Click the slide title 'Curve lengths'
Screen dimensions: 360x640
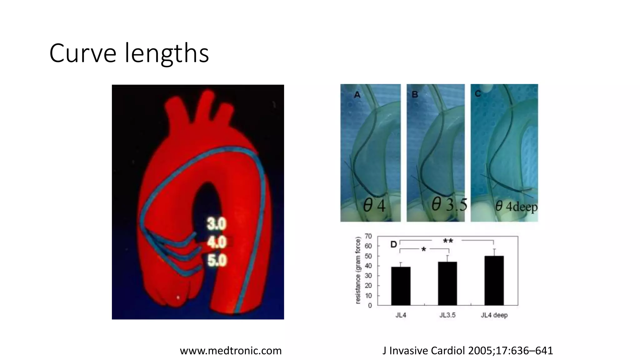pos(129,53)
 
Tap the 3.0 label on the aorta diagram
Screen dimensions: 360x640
pos(216,224)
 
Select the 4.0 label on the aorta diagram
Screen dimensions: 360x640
pos(217,242)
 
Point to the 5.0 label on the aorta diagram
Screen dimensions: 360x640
pos(217,260)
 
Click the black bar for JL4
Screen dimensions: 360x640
pos(401,286)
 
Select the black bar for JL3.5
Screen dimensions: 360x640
pos(447,283)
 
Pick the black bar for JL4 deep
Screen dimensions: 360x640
pos(494,280)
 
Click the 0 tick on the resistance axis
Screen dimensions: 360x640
pos(370,305)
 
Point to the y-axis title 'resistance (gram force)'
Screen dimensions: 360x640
pos(358,270)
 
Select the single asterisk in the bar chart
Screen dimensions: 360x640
pos(423,250)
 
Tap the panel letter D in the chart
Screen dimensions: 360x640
pos(394,244)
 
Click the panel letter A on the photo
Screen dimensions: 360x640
pos(357,94)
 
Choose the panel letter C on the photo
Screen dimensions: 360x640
pos(477,93)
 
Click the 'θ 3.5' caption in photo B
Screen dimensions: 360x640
pos(449,205)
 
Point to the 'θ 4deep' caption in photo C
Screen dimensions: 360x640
pos(516,207)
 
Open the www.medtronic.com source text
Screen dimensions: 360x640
pos(231,351)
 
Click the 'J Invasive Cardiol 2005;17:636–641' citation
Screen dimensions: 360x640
pos(467,351)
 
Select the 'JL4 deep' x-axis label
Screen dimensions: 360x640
pos(494,315)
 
